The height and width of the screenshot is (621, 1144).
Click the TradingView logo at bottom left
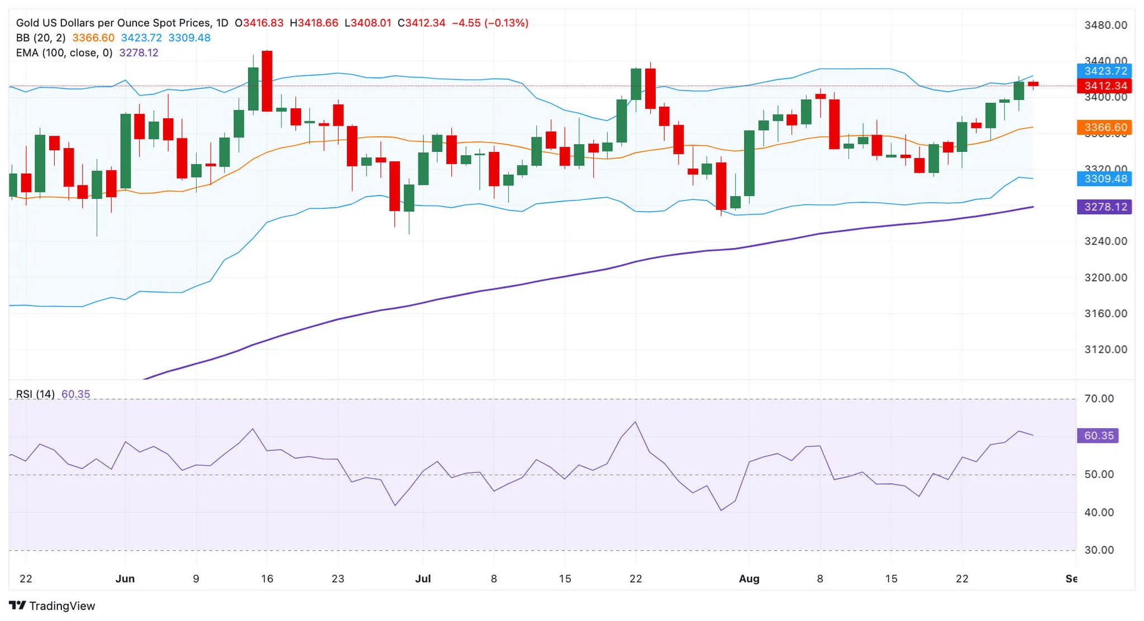pos(52,605)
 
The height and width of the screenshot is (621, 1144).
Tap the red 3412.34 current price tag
pos(1104,86)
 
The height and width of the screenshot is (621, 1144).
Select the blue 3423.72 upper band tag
pos(1104,71)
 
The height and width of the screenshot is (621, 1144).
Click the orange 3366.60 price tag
pos(1104,127)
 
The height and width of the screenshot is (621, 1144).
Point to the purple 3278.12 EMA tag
pos(1104,207)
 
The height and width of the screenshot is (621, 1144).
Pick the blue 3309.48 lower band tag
pos(1104,179)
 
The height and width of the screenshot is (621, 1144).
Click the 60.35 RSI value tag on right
pos(1098,436)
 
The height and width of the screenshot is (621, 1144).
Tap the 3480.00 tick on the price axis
pos(1105,25)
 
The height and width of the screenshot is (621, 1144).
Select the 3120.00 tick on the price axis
pos(1105,350)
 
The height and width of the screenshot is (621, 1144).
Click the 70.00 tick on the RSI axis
pos(1099,399)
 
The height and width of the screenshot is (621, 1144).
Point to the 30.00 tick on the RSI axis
pos(1099,550)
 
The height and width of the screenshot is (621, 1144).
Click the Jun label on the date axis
pos(125,579)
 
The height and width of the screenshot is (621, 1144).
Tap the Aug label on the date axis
pos(749,579)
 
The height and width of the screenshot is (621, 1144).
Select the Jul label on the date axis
pos(423,579)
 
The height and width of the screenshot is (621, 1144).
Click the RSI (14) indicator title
pos(35,394)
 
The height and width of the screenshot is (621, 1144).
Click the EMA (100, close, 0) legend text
pos(64,52)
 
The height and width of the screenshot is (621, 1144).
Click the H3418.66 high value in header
pos(314,23)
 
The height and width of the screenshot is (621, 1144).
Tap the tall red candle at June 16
pos(267,81)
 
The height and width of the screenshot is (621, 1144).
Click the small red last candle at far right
pos(1033,84)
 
